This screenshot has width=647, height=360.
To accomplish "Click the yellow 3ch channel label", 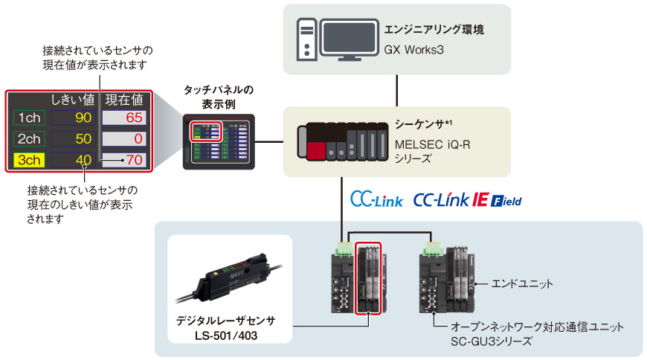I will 29,159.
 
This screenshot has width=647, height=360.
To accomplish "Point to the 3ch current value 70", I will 134,159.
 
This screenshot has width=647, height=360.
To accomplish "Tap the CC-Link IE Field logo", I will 467,200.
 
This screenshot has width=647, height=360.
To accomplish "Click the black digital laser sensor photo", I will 223,283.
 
